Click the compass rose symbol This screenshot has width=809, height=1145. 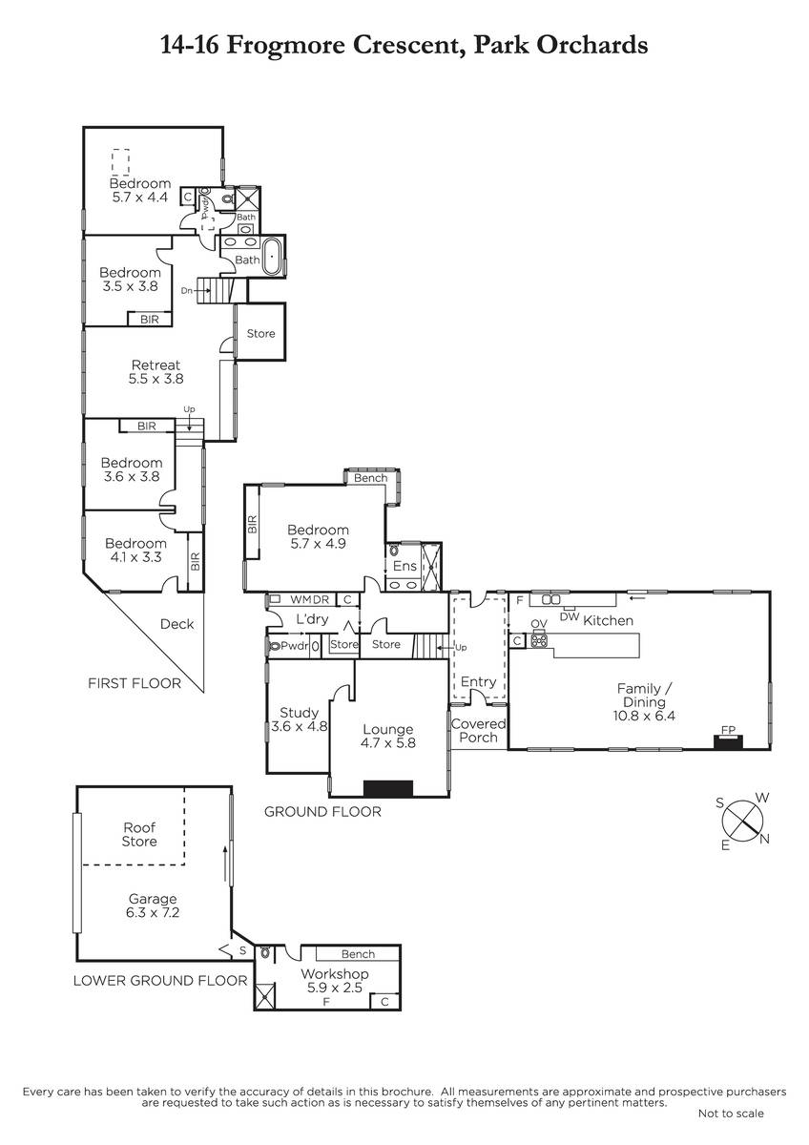(x=742, y=822)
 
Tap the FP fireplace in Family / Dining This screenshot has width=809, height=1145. (x=728, y=740)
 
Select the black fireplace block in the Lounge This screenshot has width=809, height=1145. (x=388, y=788)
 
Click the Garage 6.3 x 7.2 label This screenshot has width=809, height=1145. (x=153, y=906)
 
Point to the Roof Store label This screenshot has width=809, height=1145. (x=139, y=834)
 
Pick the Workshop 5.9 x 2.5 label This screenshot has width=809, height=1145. (x=335, y=981)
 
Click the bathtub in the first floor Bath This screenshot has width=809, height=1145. (x=273, y=256)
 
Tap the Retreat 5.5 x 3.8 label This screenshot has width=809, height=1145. (x=156, y=371)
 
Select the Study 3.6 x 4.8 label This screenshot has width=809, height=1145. (x=299, y=719)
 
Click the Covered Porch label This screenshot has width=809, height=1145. (x=478, y=731)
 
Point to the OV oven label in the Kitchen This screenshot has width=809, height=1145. (x=539, y=624)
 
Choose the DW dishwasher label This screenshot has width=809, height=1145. (x=570, y=617)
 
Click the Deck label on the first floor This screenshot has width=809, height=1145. (x=176, y=624)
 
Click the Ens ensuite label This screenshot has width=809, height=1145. (x=404, y=566)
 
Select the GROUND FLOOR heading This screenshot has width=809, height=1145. (x=322, y=812)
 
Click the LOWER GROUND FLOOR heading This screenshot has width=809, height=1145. (x=160, y=981)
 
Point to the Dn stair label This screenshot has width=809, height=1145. (x=187, y=290)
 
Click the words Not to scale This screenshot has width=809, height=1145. (x=731, y=1114)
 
